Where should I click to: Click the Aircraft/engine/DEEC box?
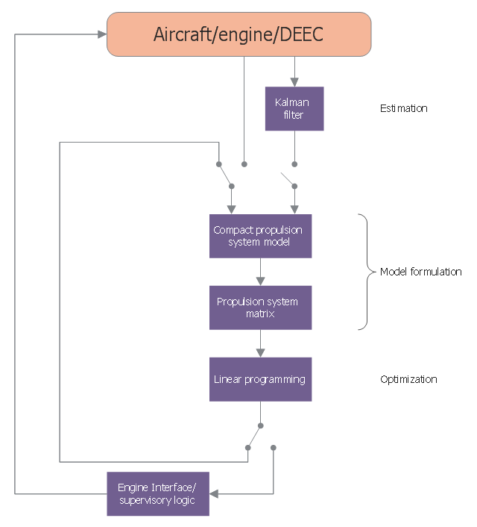click(238, 34)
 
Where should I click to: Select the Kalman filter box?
click(294, 109)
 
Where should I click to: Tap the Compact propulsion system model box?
click(260, 236)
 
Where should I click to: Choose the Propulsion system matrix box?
click(260, 308)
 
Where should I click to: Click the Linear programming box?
click(260, 379)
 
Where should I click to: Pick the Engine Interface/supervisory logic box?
click(157, 493)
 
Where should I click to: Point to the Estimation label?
click(403, 108)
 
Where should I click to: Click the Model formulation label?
click(420, 272)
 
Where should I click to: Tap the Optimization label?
click(408, 379)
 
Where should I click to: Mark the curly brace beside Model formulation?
click(365, 272)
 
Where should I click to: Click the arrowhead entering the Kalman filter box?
click(294, 82)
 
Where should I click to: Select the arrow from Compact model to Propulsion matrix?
click(260, 272)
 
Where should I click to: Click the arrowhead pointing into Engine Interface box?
click(214, 493)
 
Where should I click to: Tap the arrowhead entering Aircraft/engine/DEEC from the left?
click(102, 34)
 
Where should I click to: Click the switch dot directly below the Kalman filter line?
click(294, 163)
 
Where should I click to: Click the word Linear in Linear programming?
click(227, 379)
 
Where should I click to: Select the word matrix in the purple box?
click(260, 314)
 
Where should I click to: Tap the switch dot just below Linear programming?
click(260, 425)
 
